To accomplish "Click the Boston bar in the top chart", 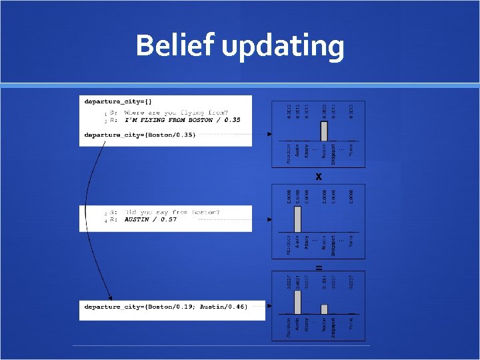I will tap(324, 131).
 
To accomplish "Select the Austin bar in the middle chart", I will tap(298, 217).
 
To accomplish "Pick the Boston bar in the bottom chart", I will tap(324, 309).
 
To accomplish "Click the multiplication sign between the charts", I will tap(319, 177).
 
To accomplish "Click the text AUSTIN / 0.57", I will tap(151, 219).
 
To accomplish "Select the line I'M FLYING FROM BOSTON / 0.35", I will tap(183, 120).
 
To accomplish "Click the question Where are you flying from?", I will tap(176, 113).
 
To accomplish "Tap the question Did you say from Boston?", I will tap(173, 212).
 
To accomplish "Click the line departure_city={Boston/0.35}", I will tap(140, 135).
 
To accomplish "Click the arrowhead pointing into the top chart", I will tap(269, 134).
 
